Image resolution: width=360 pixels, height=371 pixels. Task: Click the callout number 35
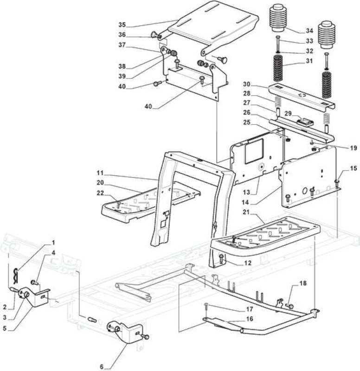pyautogui.click(x=122, y=25)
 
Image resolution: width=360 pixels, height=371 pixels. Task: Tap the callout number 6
pyautogui.click(x=102, y=367)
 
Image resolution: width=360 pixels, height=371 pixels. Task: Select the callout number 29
pyautogui.click(x=288, y=114)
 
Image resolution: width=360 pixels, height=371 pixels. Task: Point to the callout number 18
pyautogui.click(x=303, y=283)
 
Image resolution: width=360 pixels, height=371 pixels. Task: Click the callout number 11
pyautogui.click(x=100, y=173)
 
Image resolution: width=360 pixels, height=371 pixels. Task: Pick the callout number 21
pyautogui.click(x=246, y=212)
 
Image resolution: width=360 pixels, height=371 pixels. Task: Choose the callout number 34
pyautogui.click(x=309, y=31)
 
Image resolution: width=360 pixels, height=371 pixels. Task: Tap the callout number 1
pyautogui.click(x=53, y=243)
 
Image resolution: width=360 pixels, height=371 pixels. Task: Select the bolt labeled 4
pyautogui.click(x=34, y=282)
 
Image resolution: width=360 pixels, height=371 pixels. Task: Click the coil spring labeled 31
pyautogui.click(x=278, y=68)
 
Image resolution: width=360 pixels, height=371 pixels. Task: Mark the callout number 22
pyautogui.click(x=100, y=193)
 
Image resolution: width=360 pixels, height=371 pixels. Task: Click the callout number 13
pyautogui.click(x=246, y=192)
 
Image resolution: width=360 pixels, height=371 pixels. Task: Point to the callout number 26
pyautogui.click(x=247, y=112)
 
